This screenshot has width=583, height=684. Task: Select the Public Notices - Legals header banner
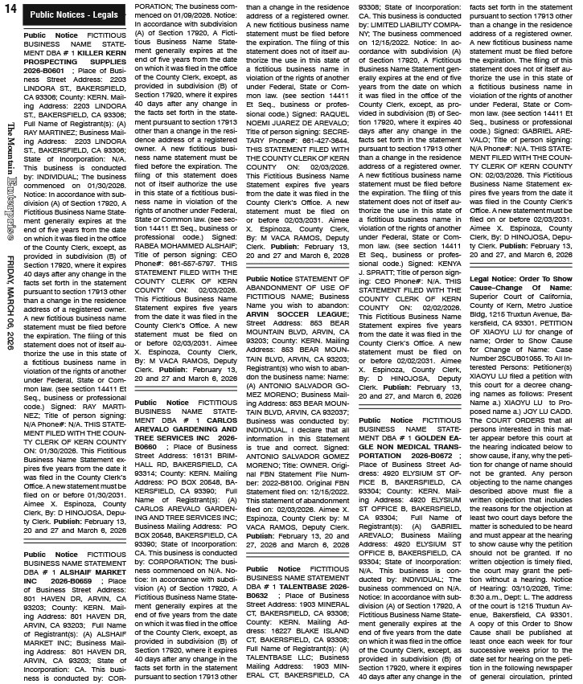[x=72, y=15]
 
